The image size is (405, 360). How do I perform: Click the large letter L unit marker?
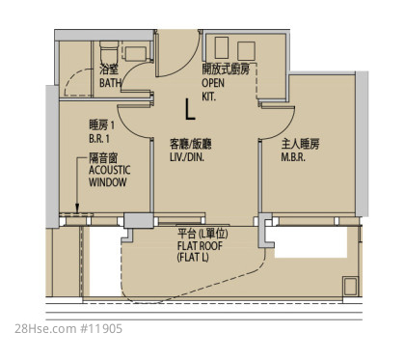(190, 109)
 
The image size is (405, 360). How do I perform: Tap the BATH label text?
(110, 83)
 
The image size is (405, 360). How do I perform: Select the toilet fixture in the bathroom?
(109, 52)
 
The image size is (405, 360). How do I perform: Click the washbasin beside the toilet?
(135, 54)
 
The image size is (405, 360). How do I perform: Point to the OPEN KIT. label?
(213, 90)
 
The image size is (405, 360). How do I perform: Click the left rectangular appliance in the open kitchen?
(222, 47)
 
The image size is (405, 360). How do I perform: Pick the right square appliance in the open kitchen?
(246, 51)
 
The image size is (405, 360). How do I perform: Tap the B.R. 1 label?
(99, 139)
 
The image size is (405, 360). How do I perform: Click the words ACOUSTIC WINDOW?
(109, 176)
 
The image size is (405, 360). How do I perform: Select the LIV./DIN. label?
(187, 157)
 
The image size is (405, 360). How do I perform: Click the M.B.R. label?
(293, 157)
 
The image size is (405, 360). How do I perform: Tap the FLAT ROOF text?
(200, 246)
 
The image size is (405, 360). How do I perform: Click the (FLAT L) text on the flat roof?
(193, 258)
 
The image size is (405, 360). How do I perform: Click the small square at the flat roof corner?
(350, 286)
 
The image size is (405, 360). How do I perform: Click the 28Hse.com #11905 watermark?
(68, 329)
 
